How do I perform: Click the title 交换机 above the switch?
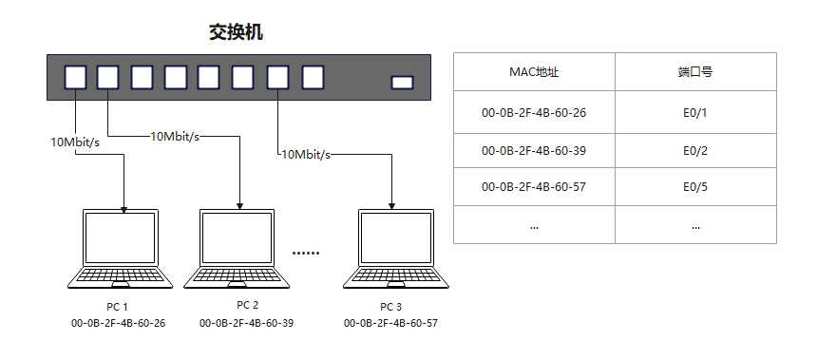(x=236, y=32)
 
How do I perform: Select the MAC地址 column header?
(x=534, y=72)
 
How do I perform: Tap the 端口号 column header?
(x=695, y=72)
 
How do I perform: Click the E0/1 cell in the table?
(x=695, y=112)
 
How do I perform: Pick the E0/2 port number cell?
(x=695, y=151)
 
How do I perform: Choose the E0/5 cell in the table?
(x=695, y=186)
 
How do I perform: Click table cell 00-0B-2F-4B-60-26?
(x=534, y=112)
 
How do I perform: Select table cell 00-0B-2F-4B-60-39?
(x=534, y=151)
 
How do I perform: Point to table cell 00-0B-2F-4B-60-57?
(x=534, y=186)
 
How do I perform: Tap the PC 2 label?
(x=248, y=305)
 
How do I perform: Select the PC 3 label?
(x=390, y=307)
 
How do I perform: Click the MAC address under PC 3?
(x=390, y=323)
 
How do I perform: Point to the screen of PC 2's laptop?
(x=237, y=237)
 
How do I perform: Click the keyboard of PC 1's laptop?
(x=120, y=275)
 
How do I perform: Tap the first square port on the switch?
(x=76, y=78)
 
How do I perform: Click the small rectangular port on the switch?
(x=402, y=83)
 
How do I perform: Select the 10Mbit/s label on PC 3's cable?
(x=306, y=154)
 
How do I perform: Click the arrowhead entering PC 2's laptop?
(x=239, y=206)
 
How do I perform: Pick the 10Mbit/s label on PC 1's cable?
(x=75, y=142)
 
